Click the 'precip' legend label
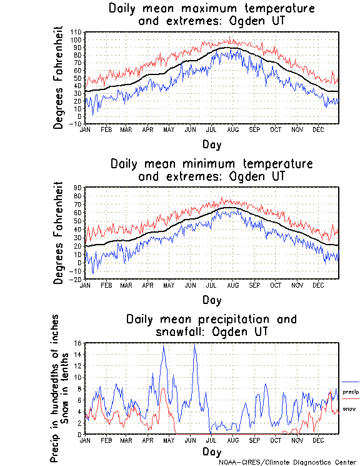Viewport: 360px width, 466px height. [x=351, y=392]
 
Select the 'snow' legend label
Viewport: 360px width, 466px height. [x=349, y=409]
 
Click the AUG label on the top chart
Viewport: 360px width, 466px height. [x=232, y=129]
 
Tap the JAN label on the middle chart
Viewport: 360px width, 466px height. [x=86, y=284]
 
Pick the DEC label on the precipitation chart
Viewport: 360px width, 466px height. [x=319, y=440]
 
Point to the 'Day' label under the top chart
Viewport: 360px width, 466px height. [x=211, y=144]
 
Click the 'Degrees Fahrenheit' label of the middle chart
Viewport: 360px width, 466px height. [x=59, y=233]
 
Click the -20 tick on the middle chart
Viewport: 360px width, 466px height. [x=77, y=279]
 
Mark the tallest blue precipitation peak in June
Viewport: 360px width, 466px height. [x=194, y=345]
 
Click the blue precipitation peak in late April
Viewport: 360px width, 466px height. [x=164, y=346]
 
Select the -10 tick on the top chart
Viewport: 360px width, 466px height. [x=76, y=124]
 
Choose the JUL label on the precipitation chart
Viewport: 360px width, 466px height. [x=211, y=440]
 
